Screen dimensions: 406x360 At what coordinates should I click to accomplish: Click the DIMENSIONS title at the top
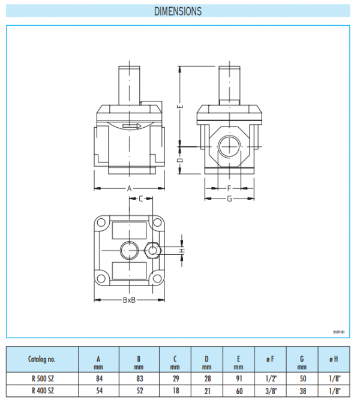click(x=178, y=11)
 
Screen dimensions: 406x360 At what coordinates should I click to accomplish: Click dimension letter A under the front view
click(x=129, y=188)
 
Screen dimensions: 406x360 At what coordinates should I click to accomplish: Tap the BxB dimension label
click(x=128, y=299)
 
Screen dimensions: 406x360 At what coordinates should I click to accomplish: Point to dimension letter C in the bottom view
click(x=140, y=199)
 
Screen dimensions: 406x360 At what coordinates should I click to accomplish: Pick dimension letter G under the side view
click(x=229, y=199)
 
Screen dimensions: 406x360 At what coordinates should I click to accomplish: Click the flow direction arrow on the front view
click(x=130, y=126)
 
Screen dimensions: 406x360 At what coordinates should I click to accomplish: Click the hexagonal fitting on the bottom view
click(x=154, y=249)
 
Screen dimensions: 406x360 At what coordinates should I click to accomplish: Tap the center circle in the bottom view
click(x=128, y=249)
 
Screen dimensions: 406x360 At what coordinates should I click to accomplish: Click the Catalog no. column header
click(x=42, y=359)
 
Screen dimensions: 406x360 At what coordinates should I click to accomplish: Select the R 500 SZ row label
click(x=42, y=379)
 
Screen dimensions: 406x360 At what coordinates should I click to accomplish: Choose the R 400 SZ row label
click(x=42, y=390)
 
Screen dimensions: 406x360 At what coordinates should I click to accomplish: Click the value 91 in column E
click(x=239, y=379)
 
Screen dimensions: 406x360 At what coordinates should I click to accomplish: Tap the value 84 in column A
click(x=99, y=379)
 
